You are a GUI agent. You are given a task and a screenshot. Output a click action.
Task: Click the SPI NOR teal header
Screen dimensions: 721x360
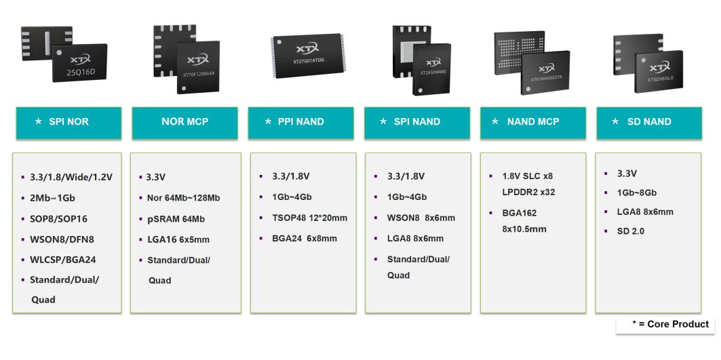coord(69,123)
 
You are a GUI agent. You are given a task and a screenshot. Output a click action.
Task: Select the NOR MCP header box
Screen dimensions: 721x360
coord(185,123)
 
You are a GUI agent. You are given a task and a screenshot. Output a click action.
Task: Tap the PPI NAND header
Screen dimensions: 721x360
coord(300,123)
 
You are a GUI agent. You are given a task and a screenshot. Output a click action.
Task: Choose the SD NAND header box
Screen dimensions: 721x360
coord(649,123)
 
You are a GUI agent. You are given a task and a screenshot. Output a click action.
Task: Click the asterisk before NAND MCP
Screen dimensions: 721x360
coord(494,122)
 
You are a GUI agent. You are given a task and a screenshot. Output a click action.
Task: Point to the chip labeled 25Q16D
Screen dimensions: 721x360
coord(79,63)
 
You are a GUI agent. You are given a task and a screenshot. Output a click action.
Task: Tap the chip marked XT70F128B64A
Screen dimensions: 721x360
coord(198,66)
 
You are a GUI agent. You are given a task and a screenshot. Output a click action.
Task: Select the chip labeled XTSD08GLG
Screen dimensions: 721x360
coord(659,71)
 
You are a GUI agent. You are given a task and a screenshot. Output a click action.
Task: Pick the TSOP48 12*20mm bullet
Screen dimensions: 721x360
coord(309,218)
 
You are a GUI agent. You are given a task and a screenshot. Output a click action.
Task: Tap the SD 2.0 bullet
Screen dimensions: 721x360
coord(630,231)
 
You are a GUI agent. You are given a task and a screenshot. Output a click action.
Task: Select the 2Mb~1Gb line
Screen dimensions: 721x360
coord(52,198)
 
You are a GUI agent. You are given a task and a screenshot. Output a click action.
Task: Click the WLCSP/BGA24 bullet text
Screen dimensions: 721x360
coord(62,259)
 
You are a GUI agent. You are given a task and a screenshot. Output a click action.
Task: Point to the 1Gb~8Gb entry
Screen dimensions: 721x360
coord(636,193)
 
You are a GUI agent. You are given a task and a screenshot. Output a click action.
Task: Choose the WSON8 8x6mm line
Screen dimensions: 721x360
coord(421,218)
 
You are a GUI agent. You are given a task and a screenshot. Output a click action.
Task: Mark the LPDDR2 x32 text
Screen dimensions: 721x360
coord(528,192)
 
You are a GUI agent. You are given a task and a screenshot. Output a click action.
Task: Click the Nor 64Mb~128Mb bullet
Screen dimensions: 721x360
coord(183,198)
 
